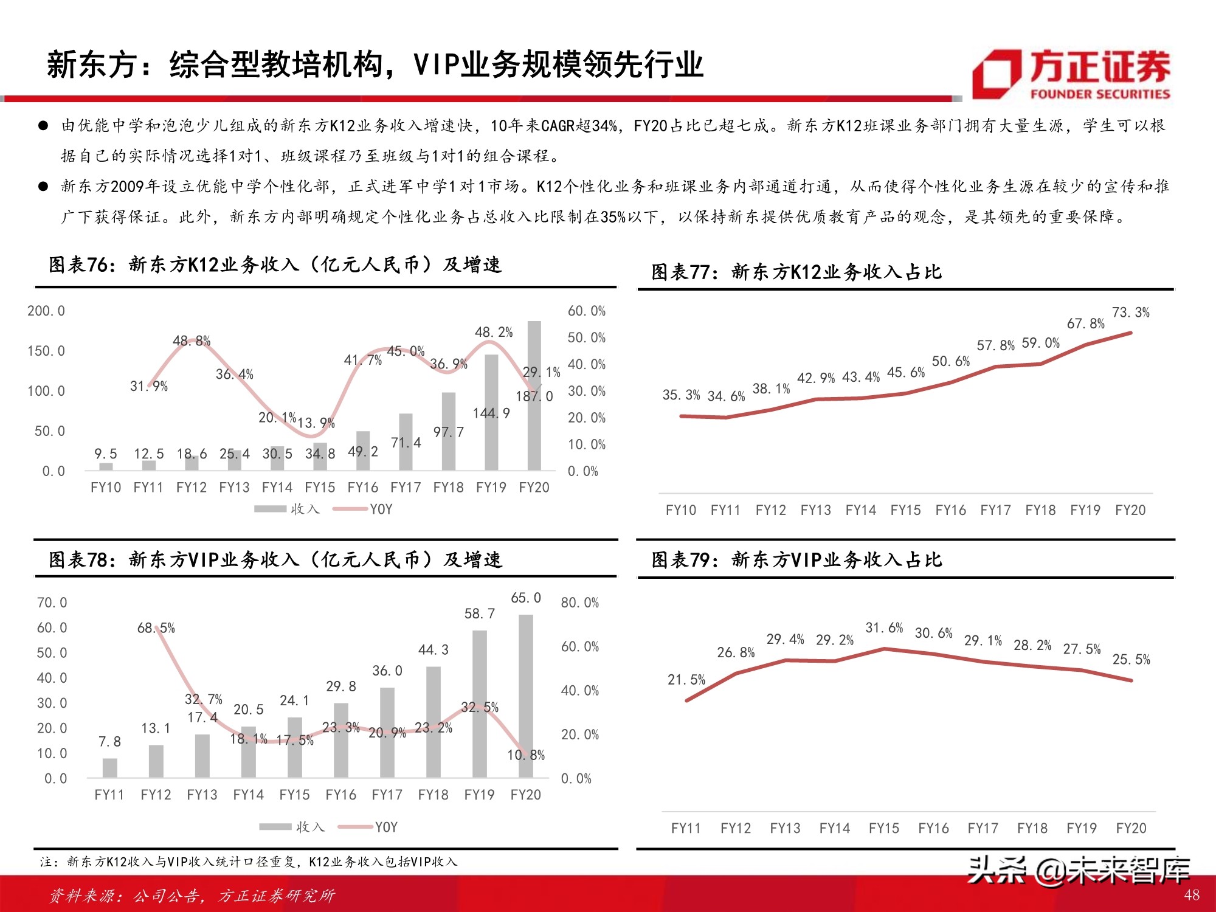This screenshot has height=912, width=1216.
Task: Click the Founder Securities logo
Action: [1071, 74]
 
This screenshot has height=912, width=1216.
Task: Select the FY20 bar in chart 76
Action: [534, 395]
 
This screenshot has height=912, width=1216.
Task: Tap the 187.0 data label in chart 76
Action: [534, 396]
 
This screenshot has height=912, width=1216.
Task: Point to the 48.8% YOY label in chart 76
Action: [192, 340]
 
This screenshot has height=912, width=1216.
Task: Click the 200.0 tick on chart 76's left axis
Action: [46, 311]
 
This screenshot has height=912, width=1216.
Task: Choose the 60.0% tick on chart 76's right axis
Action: [586, 311]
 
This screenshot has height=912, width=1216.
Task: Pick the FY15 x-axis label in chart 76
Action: [320, 488]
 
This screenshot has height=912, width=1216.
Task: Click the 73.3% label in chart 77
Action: [1131, 313]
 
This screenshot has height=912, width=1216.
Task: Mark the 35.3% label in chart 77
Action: [681, 395]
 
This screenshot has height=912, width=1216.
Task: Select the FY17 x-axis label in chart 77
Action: [996, 510]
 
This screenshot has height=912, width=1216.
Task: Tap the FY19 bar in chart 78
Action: [480, 703]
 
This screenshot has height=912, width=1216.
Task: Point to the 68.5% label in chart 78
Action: [156, 627]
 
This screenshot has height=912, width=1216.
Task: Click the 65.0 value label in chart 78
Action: [526, 598]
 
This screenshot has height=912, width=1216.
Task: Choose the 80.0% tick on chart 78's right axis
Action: [579, 603]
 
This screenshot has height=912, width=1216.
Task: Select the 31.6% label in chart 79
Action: [884, 627]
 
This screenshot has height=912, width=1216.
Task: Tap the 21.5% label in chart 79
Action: [686, 679]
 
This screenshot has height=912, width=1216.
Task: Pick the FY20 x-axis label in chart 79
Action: [1131, 828]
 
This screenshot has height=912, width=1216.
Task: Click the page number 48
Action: [1192, 895]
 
